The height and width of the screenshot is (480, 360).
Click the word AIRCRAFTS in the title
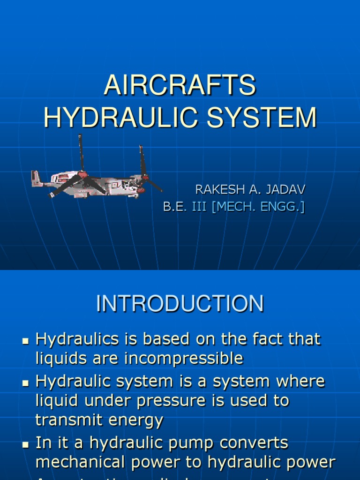[x=180, y=87]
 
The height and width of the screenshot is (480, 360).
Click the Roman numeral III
[x=199, y=207]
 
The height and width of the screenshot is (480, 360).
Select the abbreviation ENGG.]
[x=284, y=207]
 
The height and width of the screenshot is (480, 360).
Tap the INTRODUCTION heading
[x=180, y=304]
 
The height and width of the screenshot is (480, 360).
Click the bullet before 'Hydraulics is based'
[x=26, y=340]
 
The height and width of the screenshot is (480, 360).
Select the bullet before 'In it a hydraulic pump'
[x=26, y=443]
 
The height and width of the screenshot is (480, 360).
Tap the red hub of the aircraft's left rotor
[x=83, y=174]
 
